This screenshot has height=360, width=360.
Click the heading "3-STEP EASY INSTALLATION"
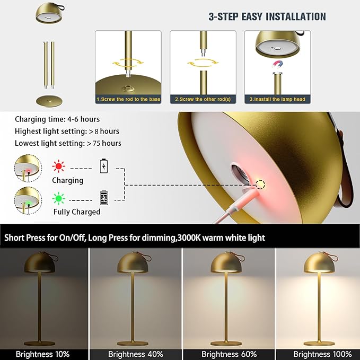[267, 17]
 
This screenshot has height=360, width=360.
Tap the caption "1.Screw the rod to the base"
[128, 100]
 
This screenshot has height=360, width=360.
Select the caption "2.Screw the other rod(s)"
[203, 100]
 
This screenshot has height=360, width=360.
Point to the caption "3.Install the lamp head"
[277, 100]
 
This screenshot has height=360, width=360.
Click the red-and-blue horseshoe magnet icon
[278, 65]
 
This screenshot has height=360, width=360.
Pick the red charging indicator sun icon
[58, 166]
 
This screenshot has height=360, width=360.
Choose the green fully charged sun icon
[58, 198]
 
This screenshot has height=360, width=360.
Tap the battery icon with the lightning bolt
[104, 166]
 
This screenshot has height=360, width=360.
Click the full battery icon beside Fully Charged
[104, 198]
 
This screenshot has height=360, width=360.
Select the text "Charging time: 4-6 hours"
[57, 119]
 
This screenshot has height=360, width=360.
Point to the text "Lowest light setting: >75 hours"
[68, 143]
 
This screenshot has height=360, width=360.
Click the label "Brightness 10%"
[43, 354]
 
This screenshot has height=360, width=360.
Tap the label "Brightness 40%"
[136, 354]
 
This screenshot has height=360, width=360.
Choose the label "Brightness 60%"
[229, 354]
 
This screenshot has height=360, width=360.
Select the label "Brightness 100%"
[322, 354]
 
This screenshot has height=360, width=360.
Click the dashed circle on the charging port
[260, 185]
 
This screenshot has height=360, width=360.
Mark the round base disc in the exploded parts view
[49, 101]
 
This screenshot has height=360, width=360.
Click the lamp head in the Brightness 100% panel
[319, 263]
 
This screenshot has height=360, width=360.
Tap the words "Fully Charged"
[77, 212]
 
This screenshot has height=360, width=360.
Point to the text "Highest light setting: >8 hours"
[67, 131]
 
